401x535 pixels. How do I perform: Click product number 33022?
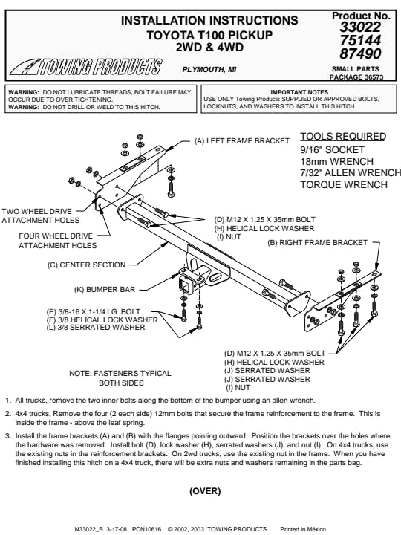pyautogui.click(x=360, y=27)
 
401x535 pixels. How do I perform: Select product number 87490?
pyautogui.click(x=360, y=54)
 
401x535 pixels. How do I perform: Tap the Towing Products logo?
pyautogui.click(x=86, y=67)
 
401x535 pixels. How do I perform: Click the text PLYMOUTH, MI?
pyautogui.click(x=209, y=70)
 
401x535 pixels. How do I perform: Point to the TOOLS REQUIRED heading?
pyautogui.click(x=343, y=137)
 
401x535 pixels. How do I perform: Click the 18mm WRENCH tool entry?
pyautogui.click(x=336, y=161)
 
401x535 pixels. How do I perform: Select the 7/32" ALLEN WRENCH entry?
pyautogui.click(x=351, y=173)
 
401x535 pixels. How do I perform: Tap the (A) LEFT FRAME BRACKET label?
pyautogui.click(x=242, y=141)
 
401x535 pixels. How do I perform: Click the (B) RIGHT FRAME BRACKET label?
pyautogui.click(x=318, y=242)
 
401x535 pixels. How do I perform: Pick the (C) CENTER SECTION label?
pyautogui.click(x=87, y=265)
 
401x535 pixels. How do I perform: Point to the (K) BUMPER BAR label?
pyautogui.click(x=105, y=289)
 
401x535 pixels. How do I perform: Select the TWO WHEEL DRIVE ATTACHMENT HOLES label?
pyautogui.click(x=41, y=215)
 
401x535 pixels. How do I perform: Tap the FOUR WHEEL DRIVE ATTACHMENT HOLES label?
pyautogui.click(x=58, y=241)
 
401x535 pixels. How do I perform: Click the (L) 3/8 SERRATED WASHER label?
pyautogui.click(x=96, y=328)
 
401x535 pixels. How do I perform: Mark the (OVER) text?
pyautogui.click(x=205, y=491)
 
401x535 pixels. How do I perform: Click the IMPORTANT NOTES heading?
pyautogui.click(x=299, y=92)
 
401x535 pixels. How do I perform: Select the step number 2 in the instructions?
pyautogui.click(x=8, y=414)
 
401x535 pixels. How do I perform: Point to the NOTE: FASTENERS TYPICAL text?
pyautogui.click(x=120, y=373)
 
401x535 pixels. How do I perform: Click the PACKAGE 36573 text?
pyautogui.click(x=356, y=77)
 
